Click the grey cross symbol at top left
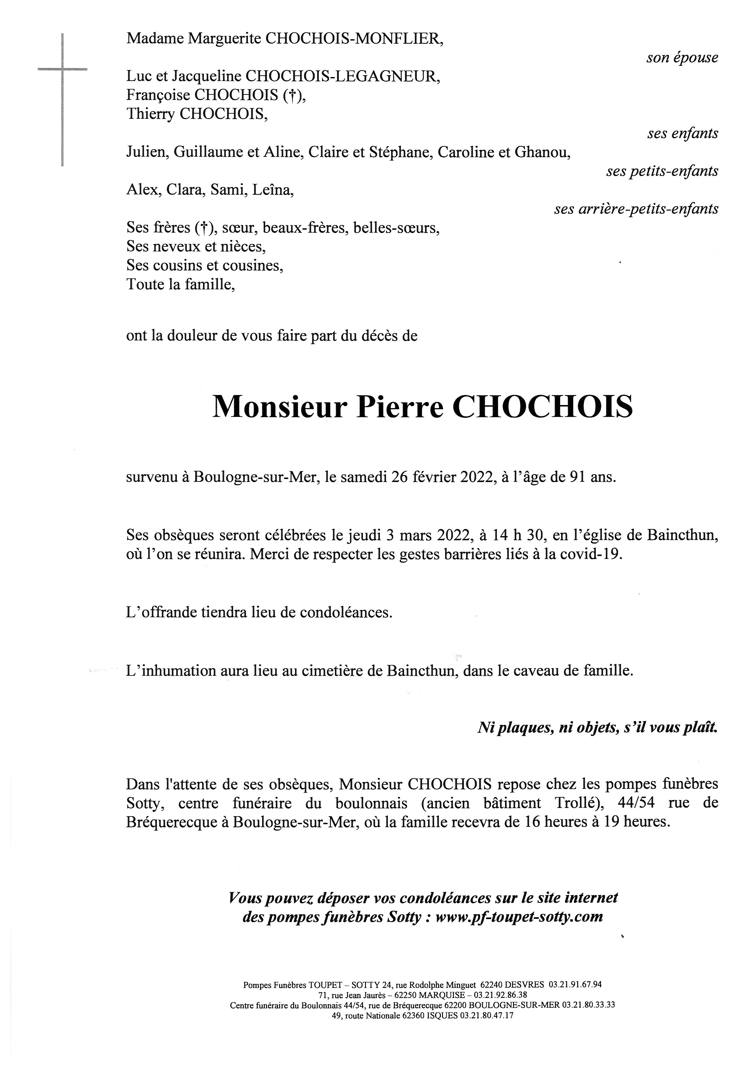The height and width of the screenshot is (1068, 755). point(62,70)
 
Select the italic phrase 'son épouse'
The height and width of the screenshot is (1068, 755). point(682,58)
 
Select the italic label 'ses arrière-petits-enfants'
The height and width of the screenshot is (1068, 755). point(636,209)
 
